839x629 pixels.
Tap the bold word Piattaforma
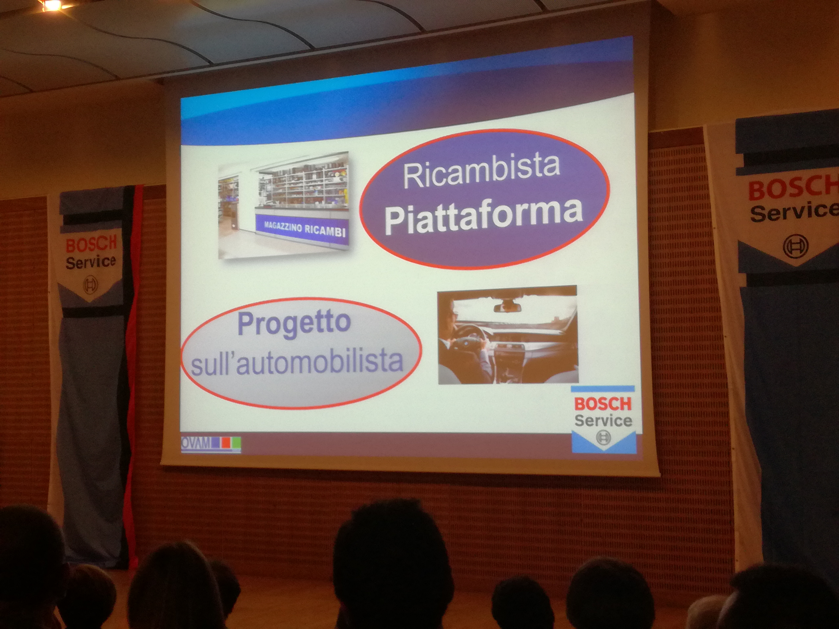tap(484, 215)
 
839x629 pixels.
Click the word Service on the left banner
tap(90, 262)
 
